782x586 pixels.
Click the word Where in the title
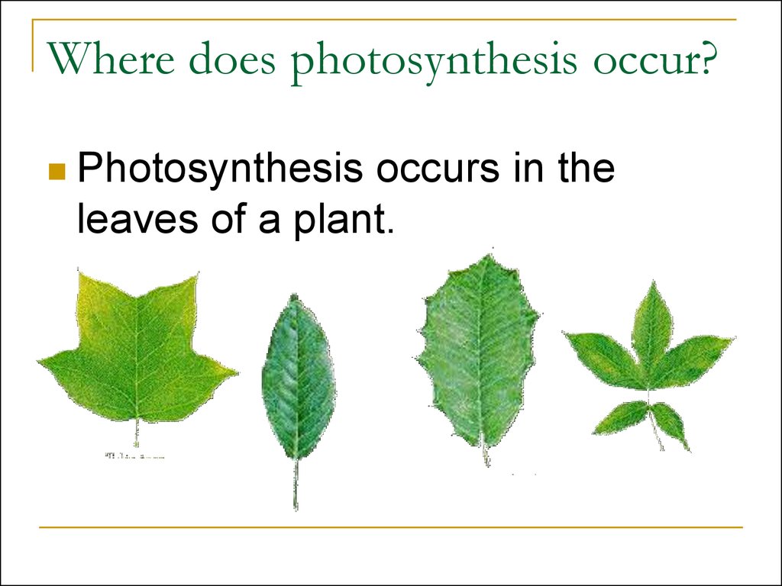pos(111,61)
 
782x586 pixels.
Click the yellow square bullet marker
pos(56,172)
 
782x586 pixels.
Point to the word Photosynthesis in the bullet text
pos(220,169)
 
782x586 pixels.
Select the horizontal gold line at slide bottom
pos(391,526)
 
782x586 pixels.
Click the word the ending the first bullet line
pos(586,169)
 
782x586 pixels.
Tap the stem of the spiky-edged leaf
pos(485,456)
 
